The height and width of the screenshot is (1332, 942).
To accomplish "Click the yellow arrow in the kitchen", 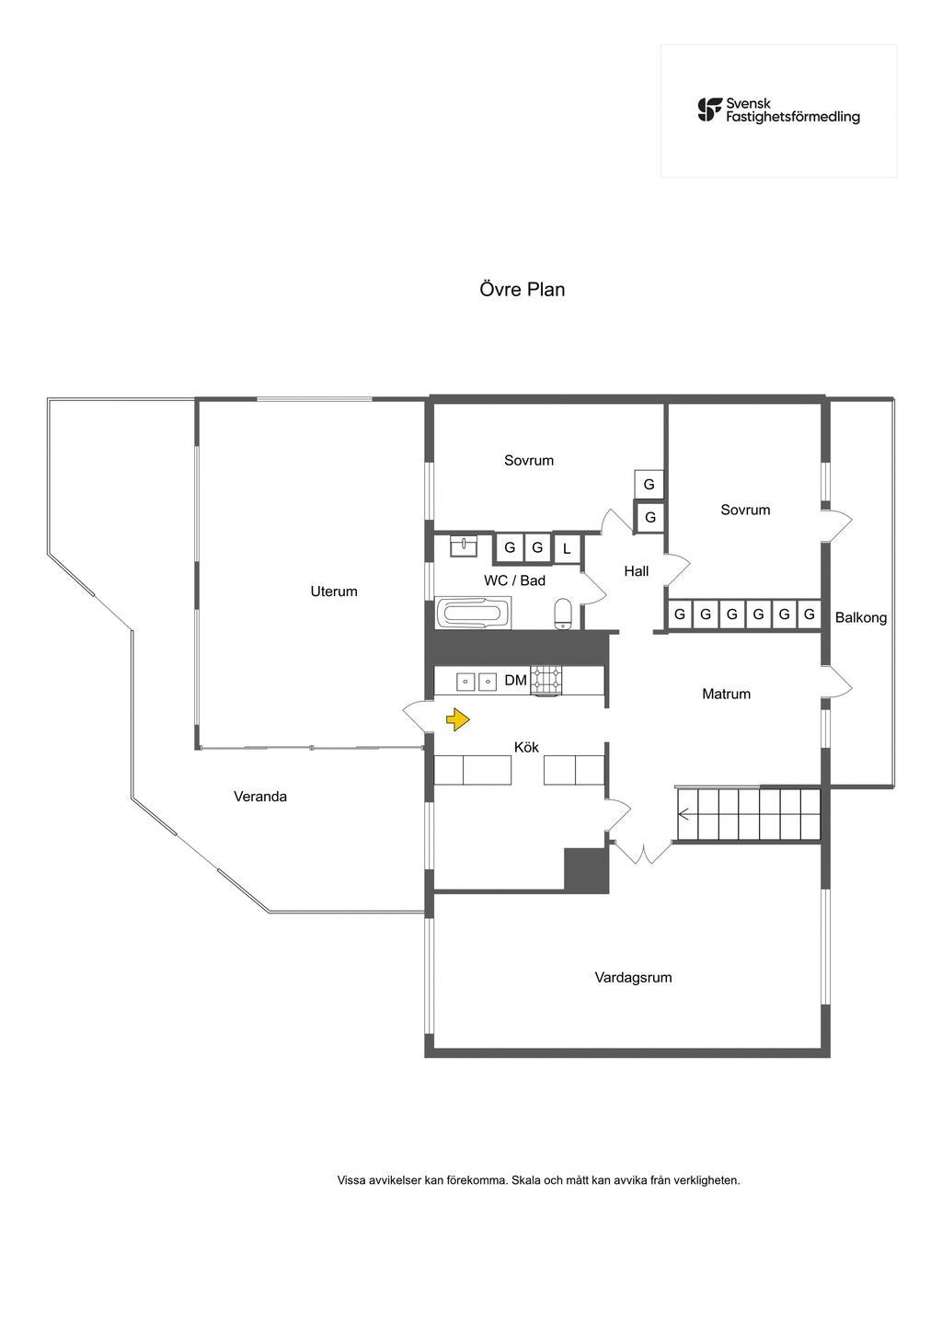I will pyautogui.click(x=457, y=719).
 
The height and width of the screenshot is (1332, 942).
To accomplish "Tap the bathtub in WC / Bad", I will pyautogui.click(x=473, y=614).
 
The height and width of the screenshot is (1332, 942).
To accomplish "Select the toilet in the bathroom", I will pyautogui.click(x=564, y=613).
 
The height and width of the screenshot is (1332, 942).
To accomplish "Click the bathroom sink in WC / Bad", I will pyautogui.click(x=465, y=547).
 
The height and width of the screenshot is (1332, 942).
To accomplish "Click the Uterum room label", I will pyautogui.click(x=334, y=591).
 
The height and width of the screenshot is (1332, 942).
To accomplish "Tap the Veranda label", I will pyautogui.click(x=260, y=797).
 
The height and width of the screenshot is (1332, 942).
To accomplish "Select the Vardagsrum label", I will pyautogui.click(x=633, y=978).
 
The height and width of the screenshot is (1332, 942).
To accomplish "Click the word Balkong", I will pyautogui.click(x=861, y=618).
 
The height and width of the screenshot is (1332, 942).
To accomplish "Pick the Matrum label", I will pyautogui.click(x=726, y=695).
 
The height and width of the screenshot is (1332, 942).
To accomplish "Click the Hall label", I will pyautogui.click(x=637, y=571).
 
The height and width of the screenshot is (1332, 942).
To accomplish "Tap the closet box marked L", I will pyautogui.click(x=567, y=548).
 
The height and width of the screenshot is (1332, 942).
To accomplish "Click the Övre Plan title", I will pyautogui.click(x=522, y=290).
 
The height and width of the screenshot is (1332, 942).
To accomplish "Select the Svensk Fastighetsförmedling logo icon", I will pyautogui.click(x=709, y=110).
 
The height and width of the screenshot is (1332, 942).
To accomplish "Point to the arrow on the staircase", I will pyautogui.click(x=684, y=813).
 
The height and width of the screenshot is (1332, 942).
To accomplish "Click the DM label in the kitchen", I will pyautogui.click(x=516, y=681).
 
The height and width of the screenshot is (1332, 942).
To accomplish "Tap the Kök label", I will pyautogui.click(x=526, y=747).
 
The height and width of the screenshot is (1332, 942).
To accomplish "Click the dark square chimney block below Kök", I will pyautogui.click(x=586, y=870).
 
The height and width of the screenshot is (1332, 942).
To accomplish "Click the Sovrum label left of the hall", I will pyautogui.click(x=529, y=461).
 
